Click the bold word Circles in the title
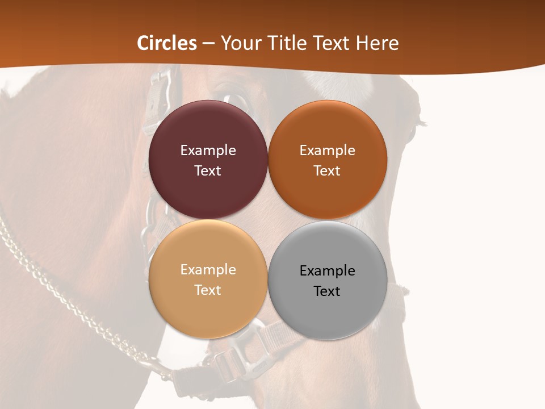167,43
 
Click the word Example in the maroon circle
208,151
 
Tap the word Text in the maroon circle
208,171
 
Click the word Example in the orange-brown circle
328,151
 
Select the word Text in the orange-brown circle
328,171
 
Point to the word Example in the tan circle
208,270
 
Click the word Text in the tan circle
208,290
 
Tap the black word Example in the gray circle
328,271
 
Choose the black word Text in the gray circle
328,291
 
